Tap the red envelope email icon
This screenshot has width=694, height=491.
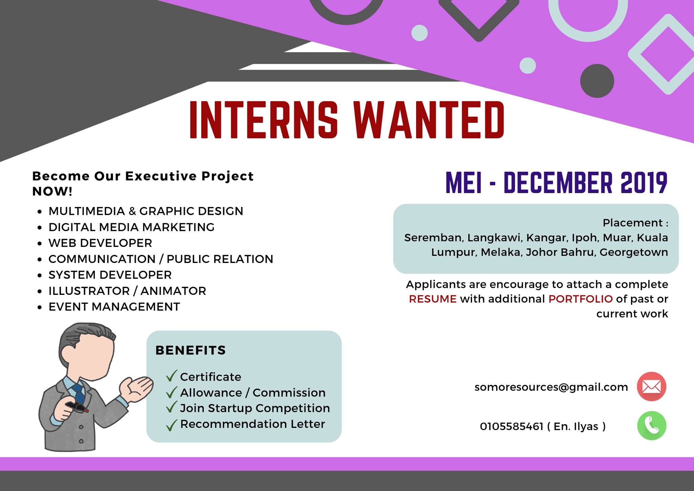pyautogui.click(x=651, y=386)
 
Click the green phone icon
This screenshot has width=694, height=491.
pyautogui.click(x=651, y=426)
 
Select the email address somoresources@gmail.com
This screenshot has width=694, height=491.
pyautogui.click(x=551, y=387)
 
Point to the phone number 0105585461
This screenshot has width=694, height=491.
pyautogui.click(x=511, y=426)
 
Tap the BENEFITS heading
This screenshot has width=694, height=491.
pyautogui.click(x=190, y=350)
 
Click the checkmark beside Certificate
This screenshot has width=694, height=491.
pyautogui.click(x=172, y=376)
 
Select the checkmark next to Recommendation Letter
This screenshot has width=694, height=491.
pyautogui.click(x=172, y=425)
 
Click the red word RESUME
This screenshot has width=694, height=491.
pyautogui.click(x=433, y=299)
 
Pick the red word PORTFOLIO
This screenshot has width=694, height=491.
pyautogui.click(x=580, y=299)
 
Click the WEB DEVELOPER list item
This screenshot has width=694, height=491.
pyautogui.click(x=100, y=243)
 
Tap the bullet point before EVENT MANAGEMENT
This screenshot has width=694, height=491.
pyautogui.click(x=40, y=307)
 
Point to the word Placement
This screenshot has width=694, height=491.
pyautogui.click(x=633, y=223)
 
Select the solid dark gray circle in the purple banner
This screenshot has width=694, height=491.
pyautogui.click(x=597, y=81)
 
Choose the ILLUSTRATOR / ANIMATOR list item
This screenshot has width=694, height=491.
pyautogui.click(x=127, y=291)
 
